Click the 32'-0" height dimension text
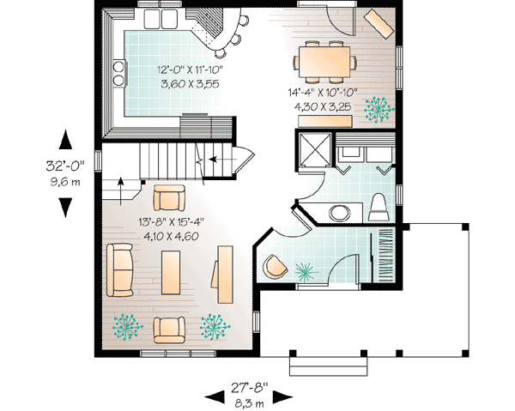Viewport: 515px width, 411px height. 65,166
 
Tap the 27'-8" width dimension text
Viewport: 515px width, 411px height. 249,388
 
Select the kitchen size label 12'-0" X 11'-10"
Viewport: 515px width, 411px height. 190,70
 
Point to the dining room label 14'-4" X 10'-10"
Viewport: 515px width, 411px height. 323,93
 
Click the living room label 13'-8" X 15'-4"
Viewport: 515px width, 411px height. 171,222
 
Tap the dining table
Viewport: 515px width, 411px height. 324,62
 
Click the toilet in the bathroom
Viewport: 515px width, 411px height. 379,208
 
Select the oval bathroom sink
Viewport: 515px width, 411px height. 340,213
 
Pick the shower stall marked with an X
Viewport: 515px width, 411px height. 315,149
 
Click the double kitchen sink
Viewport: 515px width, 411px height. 161,19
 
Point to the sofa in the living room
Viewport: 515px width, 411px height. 119,270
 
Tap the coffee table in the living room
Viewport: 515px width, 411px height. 171,273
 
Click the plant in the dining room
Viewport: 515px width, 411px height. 379,110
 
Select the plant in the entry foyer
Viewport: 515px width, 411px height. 306,272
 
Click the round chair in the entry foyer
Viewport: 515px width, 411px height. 275,267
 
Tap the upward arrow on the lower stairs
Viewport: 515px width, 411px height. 121,191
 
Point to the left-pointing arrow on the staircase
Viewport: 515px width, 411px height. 222,160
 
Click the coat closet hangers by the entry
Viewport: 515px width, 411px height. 385,255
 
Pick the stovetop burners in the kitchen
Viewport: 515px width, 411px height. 118,73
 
